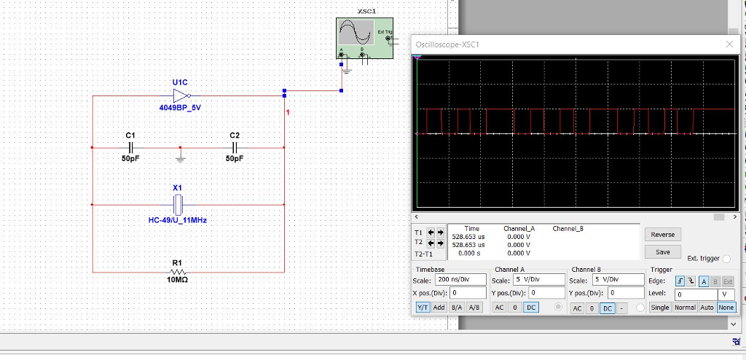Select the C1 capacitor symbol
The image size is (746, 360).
[x=130, y=146]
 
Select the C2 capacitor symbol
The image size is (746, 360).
[x=234, y=146]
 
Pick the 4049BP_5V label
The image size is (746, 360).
[x=180, y=107]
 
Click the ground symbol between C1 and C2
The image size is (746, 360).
[x=180, y=156]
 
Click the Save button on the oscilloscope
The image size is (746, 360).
[x=662, y=252]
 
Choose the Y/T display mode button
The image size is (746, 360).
[x=423, y=308]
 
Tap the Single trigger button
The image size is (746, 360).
[x=659, y=308]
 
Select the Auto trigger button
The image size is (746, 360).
[x=707, y=308]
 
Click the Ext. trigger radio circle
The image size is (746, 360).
[x=726, y=259]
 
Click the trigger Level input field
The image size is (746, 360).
[x=694, y=294]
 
